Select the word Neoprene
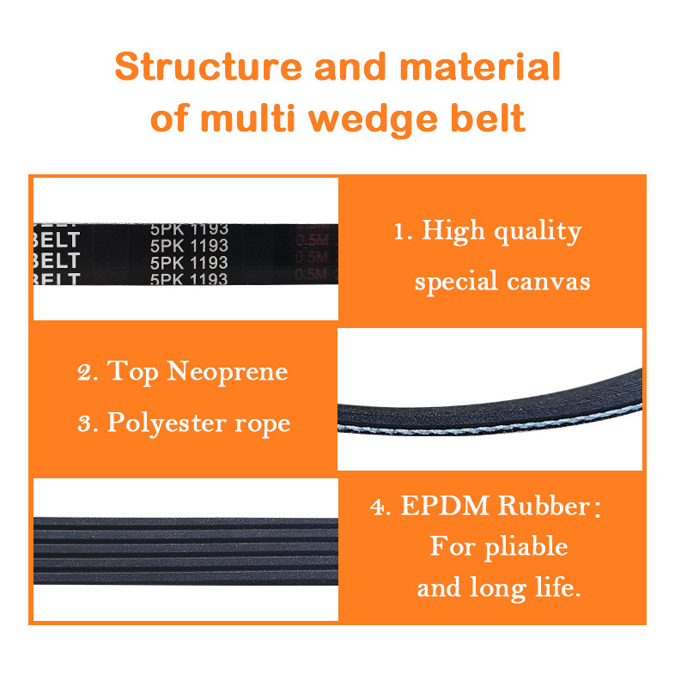point(228,372)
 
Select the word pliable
point(523,547)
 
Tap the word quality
point(538,233)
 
